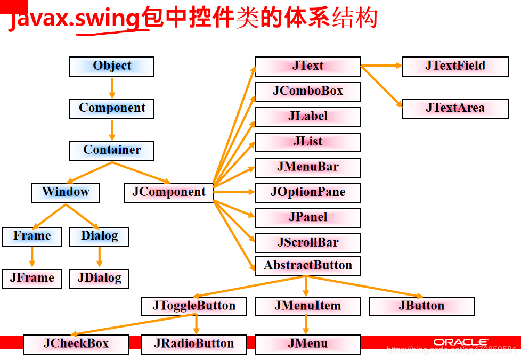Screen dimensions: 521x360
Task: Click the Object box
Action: tap(112, 66)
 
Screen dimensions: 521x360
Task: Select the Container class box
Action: tap(112, 150)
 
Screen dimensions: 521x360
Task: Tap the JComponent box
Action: tap(169, 192)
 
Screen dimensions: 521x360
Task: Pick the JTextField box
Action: tap(455, 66)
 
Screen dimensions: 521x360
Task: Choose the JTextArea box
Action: tap(455, 108)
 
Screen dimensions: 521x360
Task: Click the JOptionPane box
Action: tap(307, 192)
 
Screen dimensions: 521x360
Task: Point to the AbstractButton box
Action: tap(307, 266)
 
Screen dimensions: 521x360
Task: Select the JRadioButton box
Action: tap(194, 344)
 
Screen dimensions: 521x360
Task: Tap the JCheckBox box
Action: tap(76, 344)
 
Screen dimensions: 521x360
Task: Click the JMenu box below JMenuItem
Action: tap(307, 344)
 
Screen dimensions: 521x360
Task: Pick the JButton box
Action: tap(421, 306)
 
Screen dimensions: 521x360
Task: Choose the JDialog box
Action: tap(99, 278)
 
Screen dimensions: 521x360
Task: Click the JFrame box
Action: tap(32, 278)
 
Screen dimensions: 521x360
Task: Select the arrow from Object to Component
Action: tap(112, 87)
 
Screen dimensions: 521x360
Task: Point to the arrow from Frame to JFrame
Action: tap(32, 257)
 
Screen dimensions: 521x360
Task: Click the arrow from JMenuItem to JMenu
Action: tap(306, 324)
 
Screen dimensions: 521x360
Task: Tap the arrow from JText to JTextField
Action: tap(381, 66)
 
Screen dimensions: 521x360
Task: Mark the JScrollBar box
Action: tap(307, 243)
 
